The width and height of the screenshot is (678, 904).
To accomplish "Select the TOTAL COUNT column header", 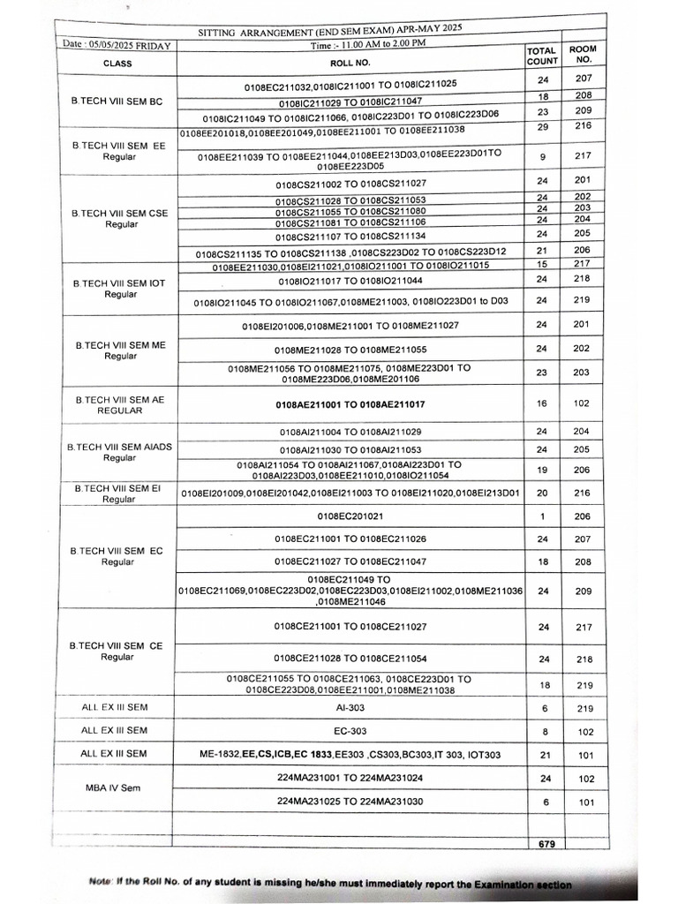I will [542, 56].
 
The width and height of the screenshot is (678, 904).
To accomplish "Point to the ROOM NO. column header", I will [582, 55].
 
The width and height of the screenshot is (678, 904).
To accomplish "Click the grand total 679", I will [546, 844].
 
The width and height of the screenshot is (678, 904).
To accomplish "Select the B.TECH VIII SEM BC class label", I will [117, 102].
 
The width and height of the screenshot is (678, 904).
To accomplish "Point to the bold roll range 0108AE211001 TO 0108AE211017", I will [350, 404].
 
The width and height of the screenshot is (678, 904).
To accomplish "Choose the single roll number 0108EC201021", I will [350, 516].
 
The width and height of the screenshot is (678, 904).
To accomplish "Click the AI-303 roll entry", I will [350, 708].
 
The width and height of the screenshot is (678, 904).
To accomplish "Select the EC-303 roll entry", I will [350, 731].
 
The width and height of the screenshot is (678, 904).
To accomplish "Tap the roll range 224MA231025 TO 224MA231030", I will [350, 801].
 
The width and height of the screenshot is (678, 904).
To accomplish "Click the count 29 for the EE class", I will [542, 128].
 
